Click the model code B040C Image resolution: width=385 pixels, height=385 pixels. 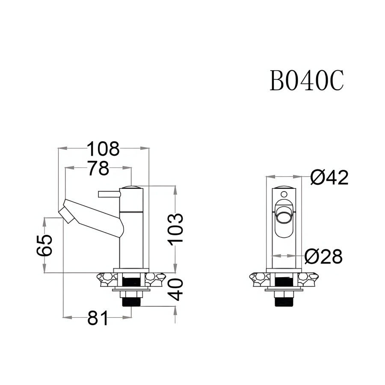(307, 80)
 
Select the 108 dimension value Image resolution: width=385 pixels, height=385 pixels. (103, 149)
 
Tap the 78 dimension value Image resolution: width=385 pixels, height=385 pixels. (98, 168)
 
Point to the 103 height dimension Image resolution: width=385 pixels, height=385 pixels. (176, 230)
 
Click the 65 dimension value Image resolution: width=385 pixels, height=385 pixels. (44, 245)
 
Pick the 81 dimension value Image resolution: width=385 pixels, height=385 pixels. (98, 318)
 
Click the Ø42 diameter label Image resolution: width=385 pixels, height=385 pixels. (329, 178)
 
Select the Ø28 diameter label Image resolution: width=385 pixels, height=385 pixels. (323, 257)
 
